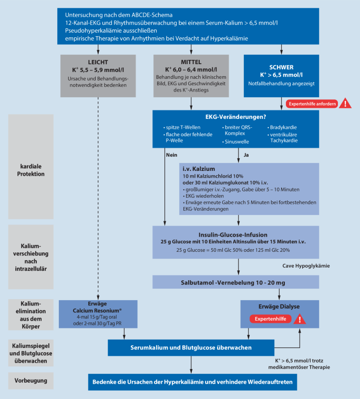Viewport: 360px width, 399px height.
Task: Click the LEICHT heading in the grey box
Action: (95, 62)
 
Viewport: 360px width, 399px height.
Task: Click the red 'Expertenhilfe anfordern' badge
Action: (311, 104)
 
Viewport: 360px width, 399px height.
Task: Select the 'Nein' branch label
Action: (171, 155)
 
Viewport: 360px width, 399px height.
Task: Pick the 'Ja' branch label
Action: (246, 155)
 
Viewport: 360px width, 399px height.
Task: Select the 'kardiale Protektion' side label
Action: (30, 168)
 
